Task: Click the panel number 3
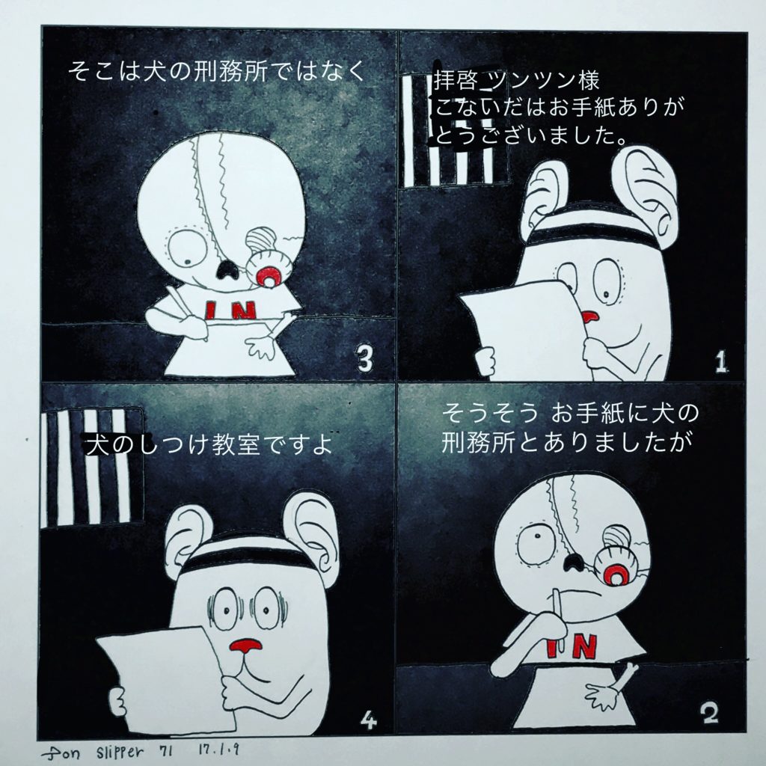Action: click(x=364, y=360)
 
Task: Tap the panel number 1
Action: click(x=720, y=363)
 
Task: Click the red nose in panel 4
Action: click(x=245, y=646)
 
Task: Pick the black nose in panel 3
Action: click(x=226, y=269)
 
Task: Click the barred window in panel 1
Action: click(x=454, y=131)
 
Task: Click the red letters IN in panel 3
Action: click(x=230, y=310)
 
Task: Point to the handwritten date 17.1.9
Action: click(x=218, y=750)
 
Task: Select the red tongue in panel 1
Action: click(x=590, y=317)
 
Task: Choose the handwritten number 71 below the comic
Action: click(x=167, y=750)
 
